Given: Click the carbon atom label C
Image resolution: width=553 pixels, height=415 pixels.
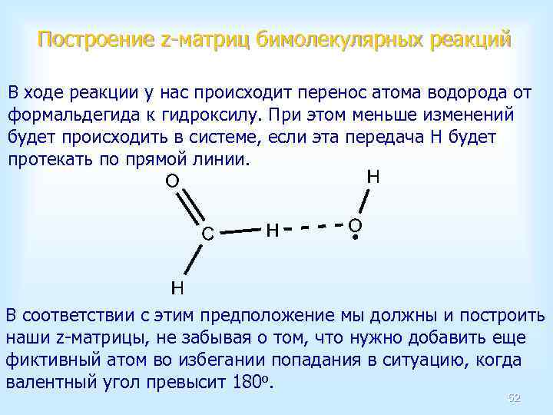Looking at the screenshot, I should click(x=207, y=233).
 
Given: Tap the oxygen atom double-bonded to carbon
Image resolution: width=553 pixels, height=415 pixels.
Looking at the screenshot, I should click(x=172, y=181).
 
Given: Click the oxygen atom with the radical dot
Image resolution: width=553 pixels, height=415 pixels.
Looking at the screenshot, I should click(x=354, y=225).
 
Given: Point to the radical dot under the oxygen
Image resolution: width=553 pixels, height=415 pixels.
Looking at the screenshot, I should click(x=356, y=237).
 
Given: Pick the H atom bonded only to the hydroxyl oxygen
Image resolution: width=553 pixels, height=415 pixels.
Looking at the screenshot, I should click(x=373, y=177).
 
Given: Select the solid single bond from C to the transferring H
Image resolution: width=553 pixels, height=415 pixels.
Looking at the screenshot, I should click(x=239, y=230).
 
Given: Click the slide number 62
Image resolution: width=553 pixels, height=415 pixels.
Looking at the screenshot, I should click(x=514, y=397).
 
